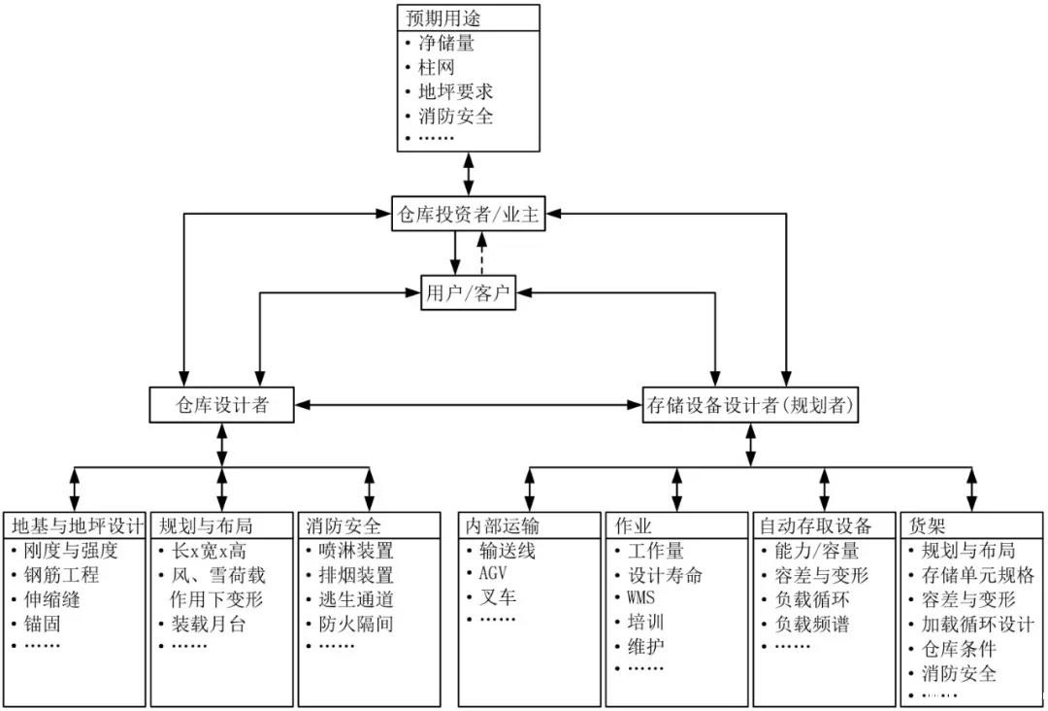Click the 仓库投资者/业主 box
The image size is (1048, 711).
(469, 215)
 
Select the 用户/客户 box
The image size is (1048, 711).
(469, 293)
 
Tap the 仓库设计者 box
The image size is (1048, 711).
(222, 405)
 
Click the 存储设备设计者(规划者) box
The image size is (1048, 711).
(751, 405)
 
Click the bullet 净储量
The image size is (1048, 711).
(446, 43)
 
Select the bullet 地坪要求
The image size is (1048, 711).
(455, 92)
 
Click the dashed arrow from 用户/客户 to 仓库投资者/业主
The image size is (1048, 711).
(482, 254)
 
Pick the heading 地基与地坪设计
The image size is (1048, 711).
(76, 525)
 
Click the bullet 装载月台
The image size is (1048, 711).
(208, 624)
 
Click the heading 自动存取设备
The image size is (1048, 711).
(813, 525)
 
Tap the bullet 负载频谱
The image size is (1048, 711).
(812, 624)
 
